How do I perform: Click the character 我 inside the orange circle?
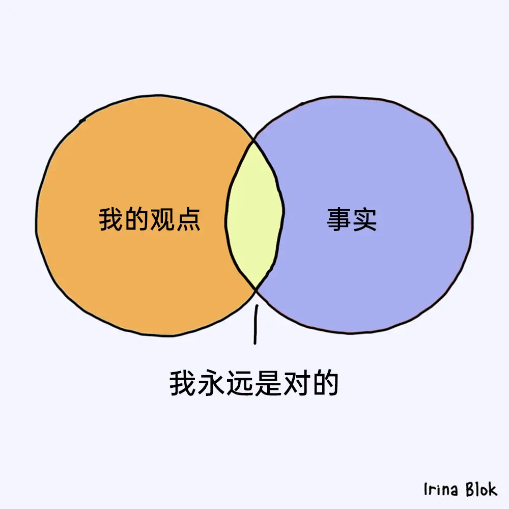point(111,219)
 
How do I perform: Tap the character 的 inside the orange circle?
point(136,219)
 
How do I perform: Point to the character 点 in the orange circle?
point(188,219)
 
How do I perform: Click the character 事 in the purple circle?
point(338,219)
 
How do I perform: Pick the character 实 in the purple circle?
point(364,219)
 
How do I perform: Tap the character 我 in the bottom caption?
point(182,383)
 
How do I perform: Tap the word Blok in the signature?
point(482,489)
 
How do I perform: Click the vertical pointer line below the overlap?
point(256,324)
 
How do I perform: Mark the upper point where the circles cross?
point(253,140)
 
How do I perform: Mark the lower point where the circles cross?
point(256,289)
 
